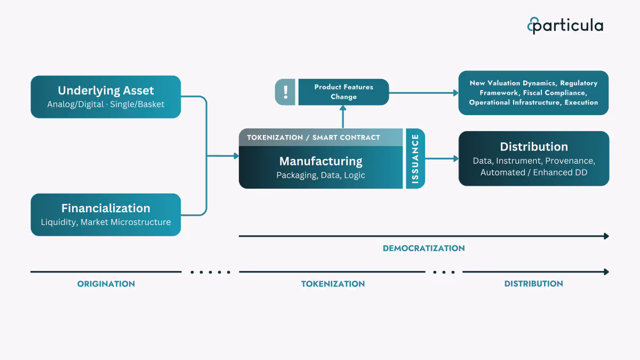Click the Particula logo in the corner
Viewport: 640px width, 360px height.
tap(565, 25)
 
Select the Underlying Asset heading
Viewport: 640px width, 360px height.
tap(106, 90)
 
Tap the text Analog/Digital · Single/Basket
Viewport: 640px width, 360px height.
tap(106, 104)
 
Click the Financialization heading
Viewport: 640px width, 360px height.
tap(106, 208)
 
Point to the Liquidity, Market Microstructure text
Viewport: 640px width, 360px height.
tap(106, 222)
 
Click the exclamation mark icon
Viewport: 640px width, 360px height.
tap(285, 92)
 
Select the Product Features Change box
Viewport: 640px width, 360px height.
tap(343, 92)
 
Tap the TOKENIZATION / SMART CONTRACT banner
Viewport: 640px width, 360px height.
tap(314, 137)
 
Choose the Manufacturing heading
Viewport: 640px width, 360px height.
tap(321, 161)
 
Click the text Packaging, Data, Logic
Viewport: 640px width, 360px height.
tap(321, 175)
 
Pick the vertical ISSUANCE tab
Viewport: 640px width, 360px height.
tap(415, 158)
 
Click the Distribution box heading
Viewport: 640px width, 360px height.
tap(533, 147)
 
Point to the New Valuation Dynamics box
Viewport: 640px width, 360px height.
tap(533, 93)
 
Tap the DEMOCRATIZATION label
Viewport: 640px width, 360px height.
tap(423, 248)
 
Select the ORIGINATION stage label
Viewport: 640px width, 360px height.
tap(106, 284)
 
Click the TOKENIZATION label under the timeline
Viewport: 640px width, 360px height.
tap(333, 284)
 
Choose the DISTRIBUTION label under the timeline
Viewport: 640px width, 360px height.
tap(533, 284)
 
